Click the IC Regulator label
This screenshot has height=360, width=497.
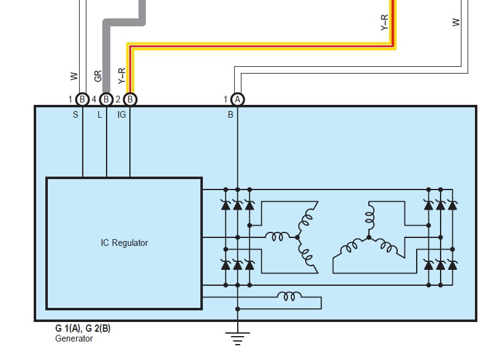click(x=124, y=243)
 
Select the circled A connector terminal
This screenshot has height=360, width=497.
click(x=237, y=99)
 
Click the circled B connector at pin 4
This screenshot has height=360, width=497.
click(x=106, y=99)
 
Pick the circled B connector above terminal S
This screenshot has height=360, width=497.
click(x=82, y=99)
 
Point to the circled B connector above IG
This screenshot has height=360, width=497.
click(x=130, y=99)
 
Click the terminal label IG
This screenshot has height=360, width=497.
click(x=121, y=115)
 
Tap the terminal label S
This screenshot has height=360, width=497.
click(x=75, y=115)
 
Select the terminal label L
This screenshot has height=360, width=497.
click(x=99, y=115)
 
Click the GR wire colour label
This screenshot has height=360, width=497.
click(x=98, y=76)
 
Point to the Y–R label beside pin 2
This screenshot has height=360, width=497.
click(x=122, y=76)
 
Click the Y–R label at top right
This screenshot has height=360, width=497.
click(x=384, y=23)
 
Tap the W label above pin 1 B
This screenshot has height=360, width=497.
click(x=74, y=76)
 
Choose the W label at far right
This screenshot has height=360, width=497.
click(x=456, y=22)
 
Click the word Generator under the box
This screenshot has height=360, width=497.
click(x=74, y=339)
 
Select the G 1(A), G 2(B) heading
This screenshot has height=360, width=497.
click(x=83, y=328)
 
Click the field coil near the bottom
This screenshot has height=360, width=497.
click(x=289, y=296)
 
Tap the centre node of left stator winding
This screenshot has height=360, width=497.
click(x=297, y=237)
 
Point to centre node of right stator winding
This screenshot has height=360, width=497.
click(x=369, y=237)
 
